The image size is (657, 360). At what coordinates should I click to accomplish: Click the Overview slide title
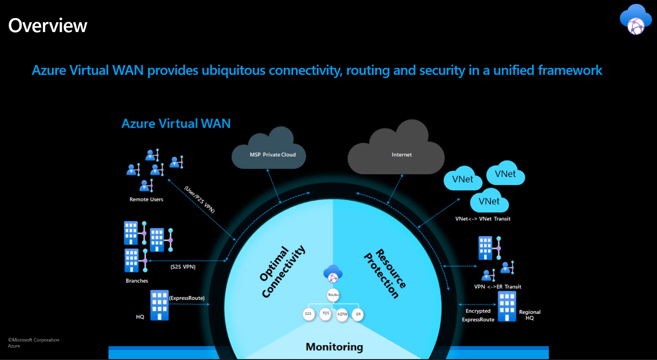tap(48, 25)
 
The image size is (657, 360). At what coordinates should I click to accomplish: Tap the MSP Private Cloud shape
tap(269, 152)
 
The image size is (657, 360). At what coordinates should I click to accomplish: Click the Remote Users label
tap(146, 199)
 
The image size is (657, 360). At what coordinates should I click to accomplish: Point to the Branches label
tap(137, 281)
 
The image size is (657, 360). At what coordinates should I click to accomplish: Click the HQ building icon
tap(159, 305)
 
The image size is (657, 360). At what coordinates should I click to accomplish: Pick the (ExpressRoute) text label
tap(187, 298)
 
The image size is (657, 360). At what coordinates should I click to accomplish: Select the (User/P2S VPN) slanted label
tap(200, 199)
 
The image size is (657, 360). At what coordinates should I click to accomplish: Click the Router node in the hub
tap(333, 295)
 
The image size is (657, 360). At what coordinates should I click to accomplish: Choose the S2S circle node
tap(309, 313)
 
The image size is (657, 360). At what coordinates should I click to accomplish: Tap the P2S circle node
tap(325, 313)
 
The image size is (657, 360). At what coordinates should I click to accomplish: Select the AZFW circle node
tap(342, 315)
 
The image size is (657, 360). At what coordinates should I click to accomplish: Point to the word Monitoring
tap(334, 347)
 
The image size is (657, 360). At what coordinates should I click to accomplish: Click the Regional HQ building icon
tap(507, 306)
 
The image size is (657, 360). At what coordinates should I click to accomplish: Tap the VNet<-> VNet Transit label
tap(483, 219)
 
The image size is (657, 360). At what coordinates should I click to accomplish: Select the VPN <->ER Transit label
tap(497, 286)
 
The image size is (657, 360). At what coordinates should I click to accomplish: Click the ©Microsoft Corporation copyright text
tap(33, 340)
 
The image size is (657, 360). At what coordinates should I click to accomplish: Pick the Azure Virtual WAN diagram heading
tap(176, 123)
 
